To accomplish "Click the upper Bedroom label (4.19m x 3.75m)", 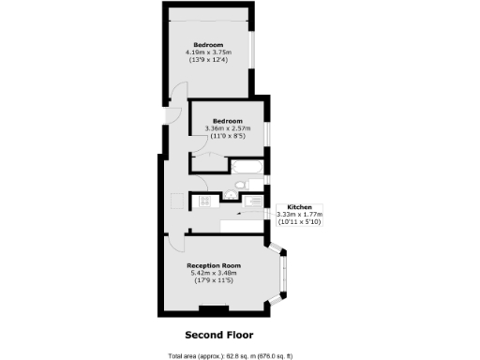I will [x=208, y=44].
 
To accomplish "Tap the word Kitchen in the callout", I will [x=299, y=205].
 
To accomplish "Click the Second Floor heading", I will [x=218, y=334].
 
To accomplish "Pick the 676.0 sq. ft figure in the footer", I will [x=272, y=355].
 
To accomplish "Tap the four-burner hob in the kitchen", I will [x=202, y=199].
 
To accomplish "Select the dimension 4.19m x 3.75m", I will [x=208, y=52].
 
